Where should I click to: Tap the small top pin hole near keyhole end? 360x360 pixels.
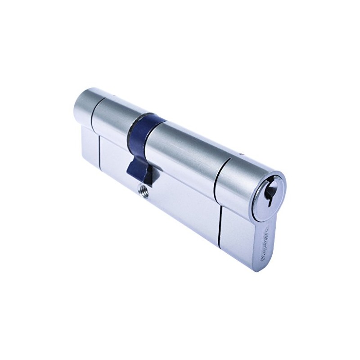(242, 156)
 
